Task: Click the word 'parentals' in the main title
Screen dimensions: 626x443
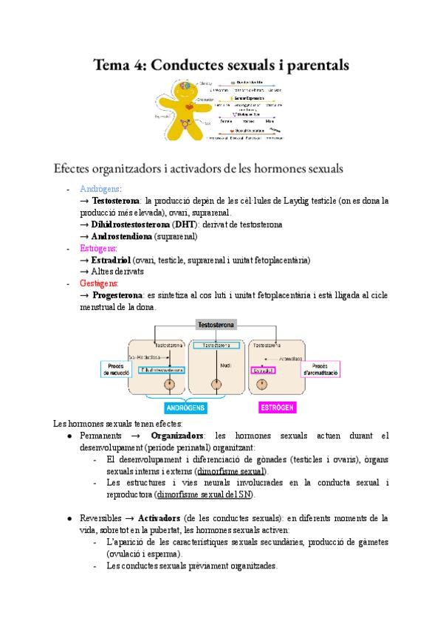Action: point(309,65)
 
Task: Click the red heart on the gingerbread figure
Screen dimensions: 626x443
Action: point(189,108)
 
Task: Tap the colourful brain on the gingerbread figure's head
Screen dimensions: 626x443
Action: point(183,88)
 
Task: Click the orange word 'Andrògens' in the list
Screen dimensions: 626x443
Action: point(100,188)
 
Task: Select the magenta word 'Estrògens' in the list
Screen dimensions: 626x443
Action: point(99,249)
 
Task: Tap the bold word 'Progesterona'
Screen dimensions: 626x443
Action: point(125,295)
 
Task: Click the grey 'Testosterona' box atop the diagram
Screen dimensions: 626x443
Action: point(216,325)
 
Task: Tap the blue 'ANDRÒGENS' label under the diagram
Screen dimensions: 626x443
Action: point(187,407)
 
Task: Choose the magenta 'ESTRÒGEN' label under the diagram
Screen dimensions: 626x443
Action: point(278,407)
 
